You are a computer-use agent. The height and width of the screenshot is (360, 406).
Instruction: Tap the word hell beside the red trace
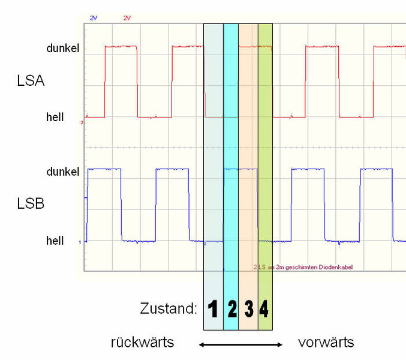click(x=55, y=117)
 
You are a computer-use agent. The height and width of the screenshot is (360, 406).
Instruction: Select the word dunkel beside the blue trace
click(x=63, y=172)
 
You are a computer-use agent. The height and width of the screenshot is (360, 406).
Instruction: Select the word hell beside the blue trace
click(x=55, y=241)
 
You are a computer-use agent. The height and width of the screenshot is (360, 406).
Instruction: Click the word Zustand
click(x=169, y=310)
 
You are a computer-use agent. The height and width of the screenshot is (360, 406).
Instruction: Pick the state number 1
click(x=213, y=309)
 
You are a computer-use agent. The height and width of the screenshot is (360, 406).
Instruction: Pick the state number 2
click(x=232, y=309)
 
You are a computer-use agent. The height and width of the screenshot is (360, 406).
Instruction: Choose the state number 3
click(x=249, y=309)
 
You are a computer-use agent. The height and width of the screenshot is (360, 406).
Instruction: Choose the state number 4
click(x=264, y=309)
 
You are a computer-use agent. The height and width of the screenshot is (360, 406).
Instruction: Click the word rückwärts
click(x=142, y=343)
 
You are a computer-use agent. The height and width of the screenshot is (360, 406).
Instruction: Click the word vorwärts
click(x=326, y=343)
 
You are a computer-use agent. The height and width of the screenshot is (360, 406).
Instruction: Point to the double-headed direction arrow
click(x=240, y=344)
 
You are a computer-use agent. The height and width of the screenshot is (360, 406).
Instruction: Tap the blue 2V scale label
click(x=94, y=19)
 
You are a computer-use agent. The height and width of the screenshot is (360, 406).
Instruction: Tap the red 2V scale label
click(x=127, y=19)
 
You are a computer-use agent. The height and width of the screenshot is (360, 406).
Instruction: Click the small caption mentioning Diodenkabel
click(x=298, y=268)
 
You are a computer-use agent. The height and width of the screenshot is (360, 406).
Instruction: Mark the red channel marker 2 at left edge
click(x=82, y=122)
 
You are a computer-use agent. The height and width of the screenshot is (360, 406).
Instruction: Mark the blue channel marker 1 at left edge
click(x=79, y=242)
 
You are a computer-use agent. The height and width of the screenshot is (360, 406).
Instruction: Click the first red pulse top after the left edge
click(x=121, y=46)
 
